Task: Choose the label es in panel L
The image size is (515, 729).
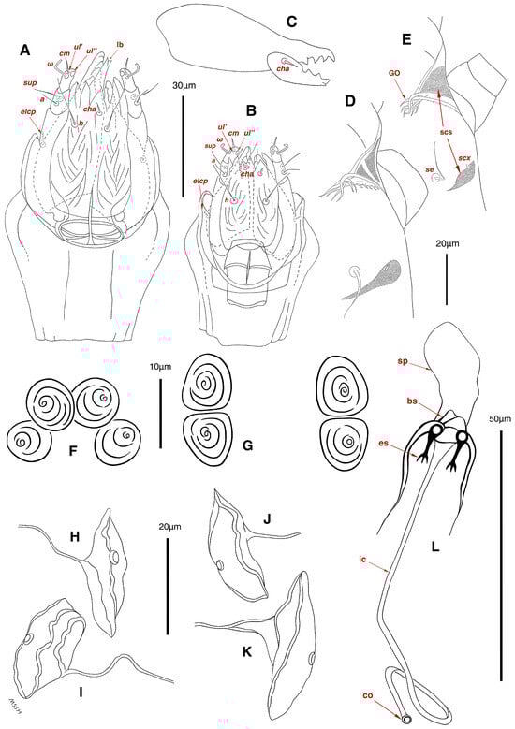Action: click(390, 447)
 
